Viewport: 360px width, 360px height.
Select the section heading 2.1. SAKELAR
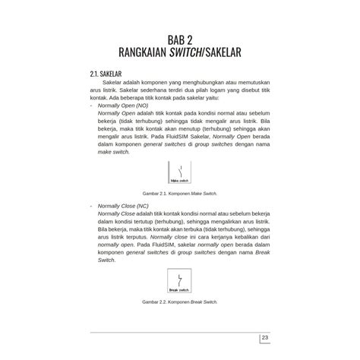pyautogui.click(x=109, y=74)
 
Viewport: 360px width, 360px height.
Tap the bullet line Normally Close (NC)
pyautogui.click(x=125, y=206)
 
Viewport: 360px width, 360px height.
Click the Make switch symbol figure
pyautogui.click(x=179, y=173)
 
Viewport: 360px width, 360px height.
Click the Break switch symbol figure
pyautogui.click(x=179, y=280)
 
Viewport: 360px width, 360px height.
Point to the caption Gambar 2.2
pyautogui.click(x=179, y=302)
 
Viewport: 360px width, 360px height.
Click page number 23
pyautogui.click(x=265, y=338)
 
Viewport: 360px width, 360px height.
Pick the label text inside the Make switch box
pyautogui.click(x=179, y=182)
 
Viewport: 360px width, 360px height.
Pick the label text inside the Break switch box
pyautogui.click(x=179, y=289)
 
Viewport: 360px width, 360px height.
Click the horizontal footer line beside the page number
pyautogui.click(x=175, y=333)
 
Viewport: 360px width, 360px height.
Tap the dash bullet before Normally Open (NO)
pyautogui.click(x=91, y=105)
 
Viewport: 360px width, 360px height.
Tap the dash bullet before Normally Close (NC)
pyautogui.click(x=91, y=206)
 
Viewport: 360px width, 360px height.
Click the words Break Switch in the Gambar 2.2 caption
pyautogui.click(x=204, y=302)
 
